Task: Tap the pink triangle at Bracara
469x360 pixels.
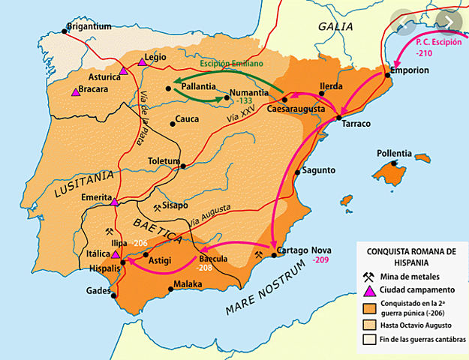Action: coord(75,91)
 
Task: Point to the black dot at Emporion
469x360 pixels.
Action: coord(387,73)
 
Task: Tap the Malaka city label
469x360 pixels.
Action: coord(188,284)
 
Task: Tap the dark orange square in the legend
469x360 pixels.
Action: coord(368,308)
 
